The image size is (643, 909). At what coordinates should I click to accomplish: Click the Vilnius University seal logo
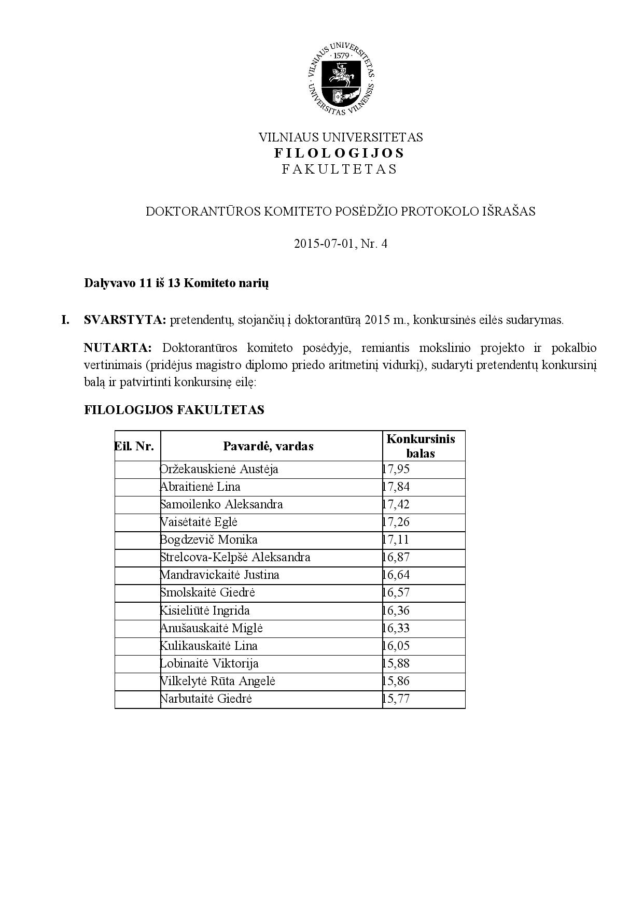340,77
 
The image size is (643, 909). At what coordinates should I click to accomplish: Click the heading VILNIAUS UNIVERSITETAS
341,137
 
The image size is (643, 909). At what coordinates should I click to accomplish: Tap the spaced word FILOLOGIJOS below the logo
340,153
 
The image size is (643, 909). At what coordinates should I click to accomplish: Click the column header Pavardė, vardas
268,446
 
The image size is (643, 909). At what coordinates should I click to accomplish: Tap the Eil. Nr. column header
134,446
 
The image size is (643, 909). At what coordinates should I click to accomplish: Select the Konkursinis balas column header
421,446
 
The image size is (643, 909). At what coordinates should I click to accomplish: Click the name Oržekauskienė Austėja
219,470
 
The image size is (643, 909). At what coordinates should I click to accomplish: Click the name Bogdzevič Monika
208,539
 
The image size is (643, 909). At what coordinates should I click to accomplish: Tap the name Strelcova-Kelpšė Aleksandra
235,557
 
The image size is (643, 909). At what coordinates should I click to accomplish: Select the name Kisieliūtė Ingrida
205,610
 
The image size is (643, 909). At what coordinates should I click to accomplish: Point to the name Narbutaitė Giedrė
206,699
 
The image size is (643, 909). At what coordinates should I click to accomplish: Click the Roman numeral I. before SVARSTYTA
65,320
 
